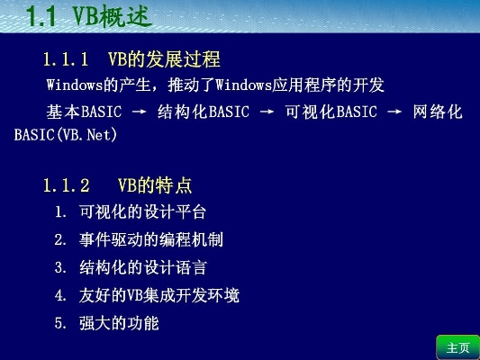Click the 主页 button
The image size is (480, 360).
(x=457, y=347)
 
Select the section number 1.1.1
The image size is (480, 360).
(x=66, y=59)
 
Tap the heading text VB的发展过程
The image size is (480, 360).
(x=164, y=59)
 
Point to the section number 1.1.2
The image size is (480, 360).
(x=66, y=186)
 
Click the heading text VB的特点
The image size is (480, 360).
(x=154, y=186)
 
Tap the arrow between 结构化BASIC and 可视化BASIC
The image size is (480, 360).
(x=267, y=113)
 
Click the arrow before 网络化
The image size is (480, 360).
(x=395, y=113)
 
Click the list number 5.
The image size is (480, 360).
(x=60, y=322)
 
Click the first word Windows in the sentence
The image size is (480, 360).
(x=75, y=85)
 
